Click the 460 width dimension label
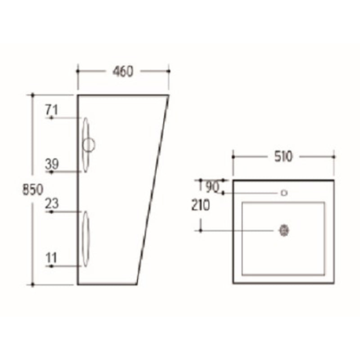click(123, 71)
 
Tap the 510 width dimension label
click(283, 157)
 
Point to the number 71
click(52, 109)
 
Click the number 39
click(52, 164)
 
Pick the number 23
click(52, 203)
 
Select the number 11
click(51, 258)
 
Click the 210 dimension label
click(200, 206)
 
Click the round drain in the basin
click(283, 230)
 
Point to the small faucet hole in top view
click(284, 193)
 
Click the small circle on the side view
click(89, 145)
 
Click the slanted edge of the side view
click(153, 189)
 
